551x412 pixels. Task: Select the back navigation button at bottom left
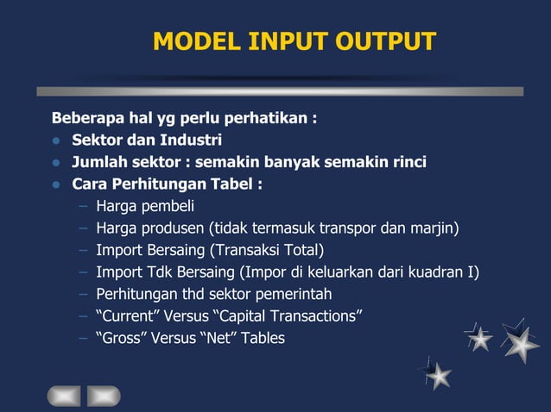tap(63, 396)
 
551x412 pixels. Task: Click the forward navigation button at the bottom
tap(104, 396)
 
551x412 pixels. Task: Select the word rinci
tap(407, 162)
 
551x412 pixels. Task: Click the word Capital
tap(252, 317)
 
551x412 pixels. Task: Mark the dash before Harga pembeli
tap(82, 206)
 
